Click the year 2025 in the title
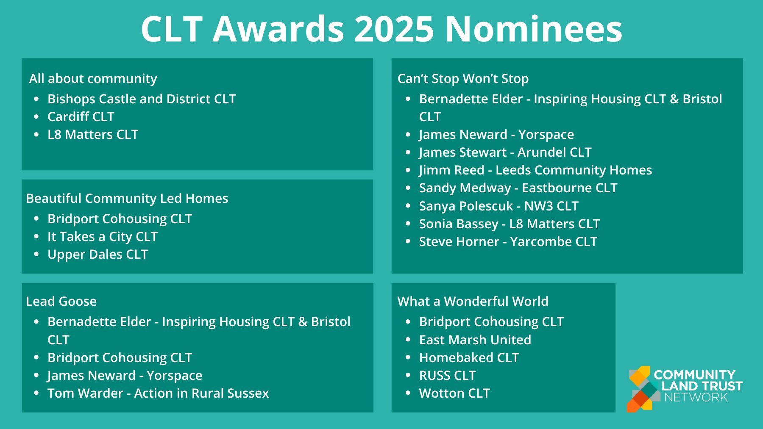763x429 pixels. (x=394, y=29)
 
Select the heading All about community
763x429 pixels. (x=93, y=78)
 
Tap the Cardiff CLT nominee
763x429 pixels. (x=81, y=116)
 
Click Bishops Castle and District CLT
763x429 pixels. (x=141, y=99)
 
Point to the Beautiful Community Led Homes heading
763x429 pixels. (x=127, y=198)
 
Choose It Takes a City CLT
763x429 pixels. (x=102, y=236)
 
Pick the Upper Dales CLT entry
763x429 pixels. (x=97, y=254)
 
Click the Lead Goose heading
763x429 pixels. (x=61, y=301)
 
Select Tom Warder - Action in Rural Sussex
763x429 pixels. (x=158, y=393)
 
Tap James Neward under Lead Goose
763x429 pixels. (x=125, y=375)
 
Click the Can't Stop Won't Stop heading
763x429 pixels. (x=463, y=78)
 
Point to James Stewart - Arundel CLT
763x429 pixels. (x=505, y=152)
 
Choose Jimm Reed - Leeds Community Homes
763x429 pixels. (x=535, y=170)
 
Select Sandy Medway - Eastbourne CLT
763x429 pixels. (x=518, y=188)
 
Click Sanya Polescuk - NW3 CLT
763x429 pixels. (x=498, y=206)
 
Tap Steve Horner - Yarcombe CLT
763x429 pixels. (x=508, y=241)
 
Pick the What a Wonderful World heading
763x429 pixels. (x=473, y=301)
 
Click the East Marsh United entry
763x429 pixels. (x=475, y=340)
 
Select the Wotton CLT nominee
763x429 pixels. (x=454, y=393)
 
